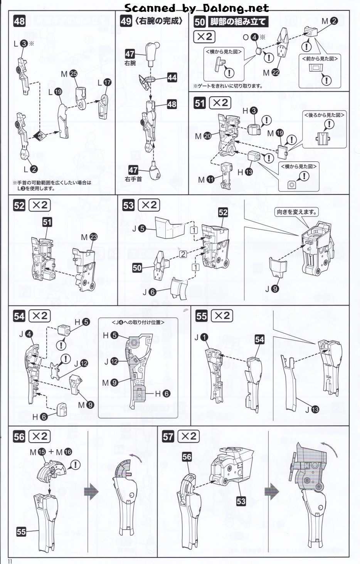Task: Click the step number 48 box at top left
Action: click(x=19, y=21)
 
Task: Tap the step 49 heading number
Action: click(x=126, y=21)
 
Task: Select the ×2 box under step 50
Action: click(x=204, y=37)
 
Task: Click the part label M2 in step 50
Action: click(x=330, y=21)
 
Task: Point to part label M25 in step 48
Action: click(x=69, y=74)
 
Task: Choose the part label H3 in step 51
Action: click(x=249, y=111)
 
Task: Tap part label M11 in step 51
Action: click(x=206, y=180)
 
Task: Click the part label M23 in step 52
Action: click(x=89, y=237)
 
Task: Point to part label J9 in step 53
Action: click(x=271, y=289)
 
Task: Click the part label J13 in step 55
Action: click(x=312, y=410)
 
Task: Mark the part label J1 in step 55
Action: click(x=201, y=337)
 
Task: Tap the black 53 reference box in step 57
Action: click(x=241, y=501)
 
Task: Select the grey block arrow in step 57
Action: click(x=272, y=492)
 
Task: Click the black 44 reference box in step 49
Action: click(x=172, y=77)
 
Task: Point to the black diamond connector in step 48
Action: click(x=40, y=136)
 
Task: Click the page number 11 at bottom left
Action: click(x=10, y=561)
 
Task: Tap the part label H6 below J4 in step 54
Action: click(x=39, y=417)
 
